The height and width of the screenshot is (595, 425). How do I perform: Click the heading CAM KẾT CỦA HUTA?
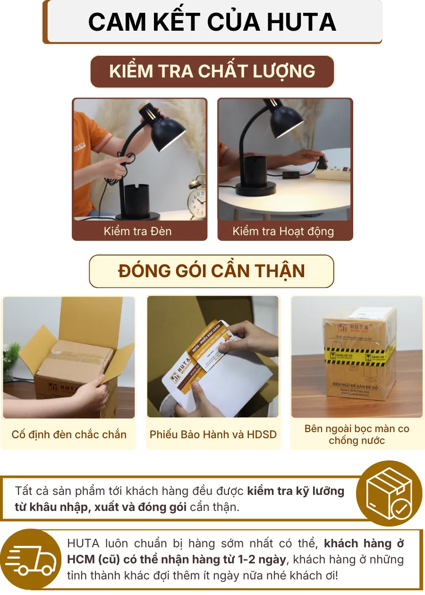pyautogui.click(x=212, y=22)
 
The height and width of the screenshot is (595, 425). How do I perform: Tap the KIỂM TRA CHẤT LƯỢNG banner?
pyautogui.click(x=212, y=71)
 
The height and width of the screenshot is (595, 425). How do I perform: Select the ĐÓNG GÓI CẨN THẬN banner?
pyautogui.click(x=212, y=272)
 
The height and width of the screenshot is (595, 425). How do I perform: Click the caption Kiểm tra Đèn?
pyautogui.click(x=137, y=231)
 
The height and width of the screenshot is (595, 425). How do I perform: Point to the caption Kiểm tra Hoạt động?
pyautogui.click(x=283, y=231)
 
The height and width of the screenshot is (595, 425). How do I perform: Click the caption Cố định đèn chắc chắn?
pyautogui.click(x=69, y=434)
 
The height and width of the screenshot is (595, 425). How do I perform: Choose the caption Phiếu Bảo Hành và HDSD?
pyautogui.click(x=213, y=434)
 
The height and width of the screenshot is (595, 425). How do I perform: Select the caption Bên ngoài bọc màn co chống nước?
pyautogui.click(x=357, y=435)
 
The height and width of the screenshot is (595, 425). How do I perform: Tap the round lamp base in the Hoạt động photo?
pyautogui.click(x=255, y=190)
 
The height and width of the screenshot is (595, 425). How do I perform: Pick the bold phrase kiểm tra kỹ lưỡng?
pyautogui.click(x=296, y=491)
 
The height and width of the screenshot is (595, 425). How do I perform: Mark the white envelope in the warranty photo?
pyautogui.click(x=222, y=387)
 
